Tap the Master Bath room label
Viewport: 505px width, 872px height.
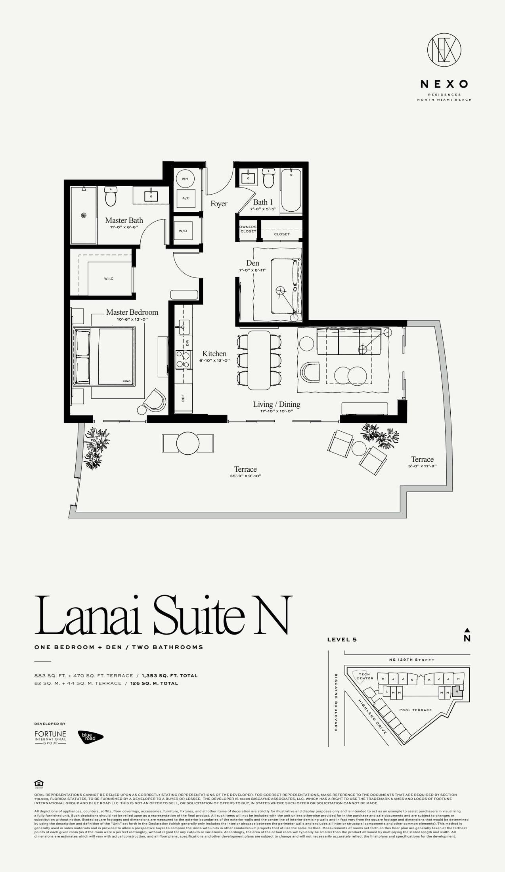[x=124, y=220]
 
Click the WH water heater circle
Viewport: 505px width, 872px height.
[x=185, y=179]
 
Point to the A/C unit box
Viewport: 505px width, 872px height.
[x=185, y=198]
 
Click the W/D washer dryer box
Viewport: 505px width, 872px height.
[x=183, y=231]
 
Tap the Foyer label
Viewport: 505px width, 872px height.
[x=219, y=204]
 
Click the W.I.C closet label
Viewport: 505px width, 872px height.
[x=109, y=279]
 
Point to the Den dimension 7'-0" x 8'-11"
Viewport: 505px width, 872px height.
[x=252, y=270]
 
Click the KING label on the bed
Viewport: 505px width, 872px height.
[x=126, y=381]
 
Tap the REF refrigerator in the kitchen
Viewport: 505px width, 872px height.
[x=184, y=398]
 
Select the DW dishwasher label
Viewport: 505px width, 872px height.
[x=187, y=342]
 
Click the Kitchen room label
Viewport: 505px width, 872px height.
[x=214, y=354]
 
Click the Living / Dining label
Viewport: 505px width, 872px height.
[x=277, y=404]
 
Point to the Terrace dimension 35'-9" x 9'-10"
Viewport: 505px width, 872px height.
[x=245, y=476]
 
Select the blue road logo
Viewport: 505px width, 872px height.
[x=90, y=737]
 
